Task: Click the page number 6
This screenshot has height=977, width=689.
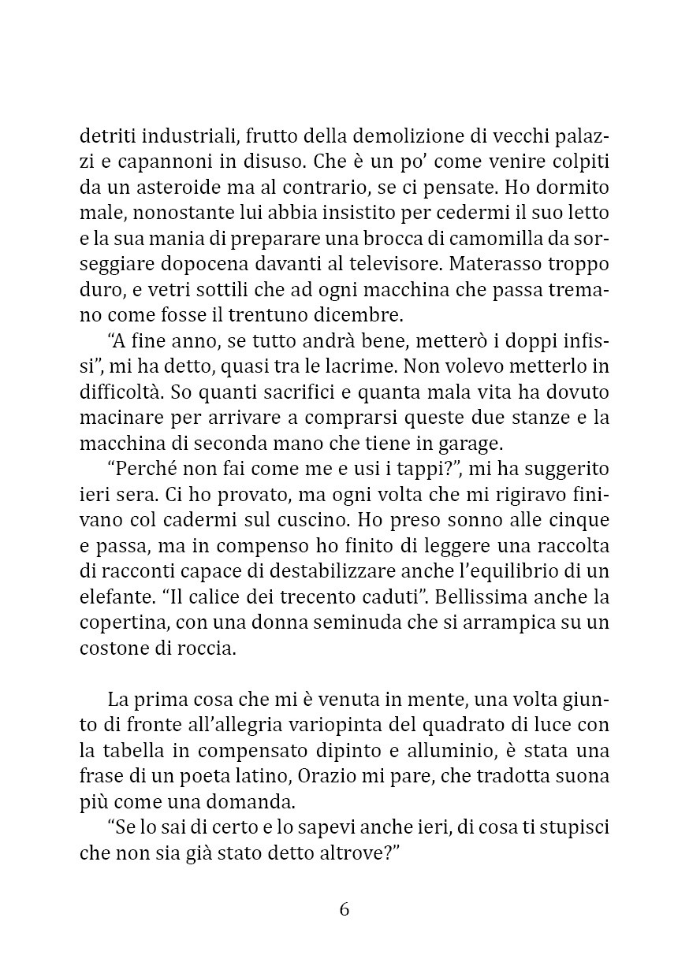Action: click(x=344, y=909)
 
